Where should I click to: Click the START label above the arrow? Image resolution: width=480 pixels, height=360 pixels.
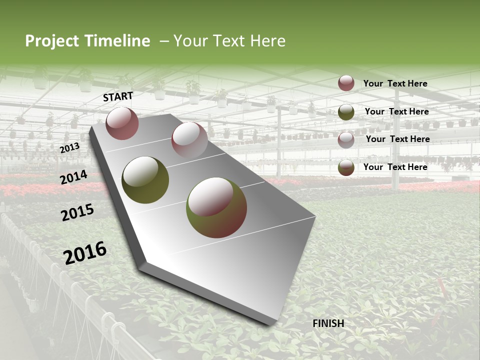pyautogui.click(x=118, y=96)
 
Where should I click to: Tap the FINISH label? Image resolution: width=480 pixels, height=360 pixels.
pyautogui.click(x=328, y=323)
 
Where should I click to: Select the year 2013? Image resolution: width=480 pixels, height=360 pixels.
pyautogui.click(x=69, y=148)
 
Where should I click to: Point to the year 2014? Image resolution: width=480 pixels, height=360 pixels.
pyautogui.click(x=74, y=177)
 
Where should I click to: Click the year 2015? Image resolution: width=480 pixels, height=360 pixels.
pyautogui.click(x=77, y=213)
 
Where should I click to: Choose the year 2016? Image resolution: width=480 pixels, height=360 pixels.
pyautogui.click(x=85, y=252)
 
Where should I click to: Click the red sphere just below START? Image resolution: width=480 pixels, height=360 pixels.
pyautogui.click(x=122, y=123)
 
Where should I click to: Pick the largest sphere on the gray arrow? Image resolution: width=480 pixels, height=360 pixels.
pyautogui.click(x=216, y=207)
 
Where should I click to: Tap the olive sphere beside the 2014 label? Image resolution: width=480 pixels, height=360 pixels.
pyautogui.click(x=145, y=180)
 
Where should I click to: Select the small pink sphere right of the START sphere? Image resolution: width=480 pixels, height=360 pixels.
pyautogui.click(x=189, y=140)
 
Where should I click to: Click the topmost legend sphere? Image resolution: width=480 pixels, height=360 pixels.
pyautogui.click(x=346, y=83)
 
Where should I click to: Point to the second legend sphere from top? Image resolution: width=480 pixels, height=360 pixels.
pyautogui.click(x=346, y=112)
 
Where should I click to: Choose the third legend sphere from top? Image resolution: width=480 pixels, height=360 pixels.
pyautogui.click(x=346, y=139)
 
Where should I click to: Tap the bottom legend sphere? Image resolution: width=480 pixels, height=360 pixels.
pyautogui.click(x=346, y=167)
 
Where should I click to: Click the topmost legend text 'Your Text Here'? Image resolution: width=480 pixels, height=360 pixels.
pyautogui.click(x=395, y=83)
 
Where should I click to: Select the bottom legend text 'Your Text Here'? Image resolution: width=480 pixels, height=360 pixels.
pyautogui.click(x=395, y=167)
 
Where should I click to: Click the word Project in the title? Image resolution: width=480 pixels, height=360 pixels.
pyautogui.click(x=52, y=41)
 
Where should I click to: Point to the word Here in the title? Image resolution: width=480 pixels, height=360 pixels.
pyautogui.click(x=267, y=41)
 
